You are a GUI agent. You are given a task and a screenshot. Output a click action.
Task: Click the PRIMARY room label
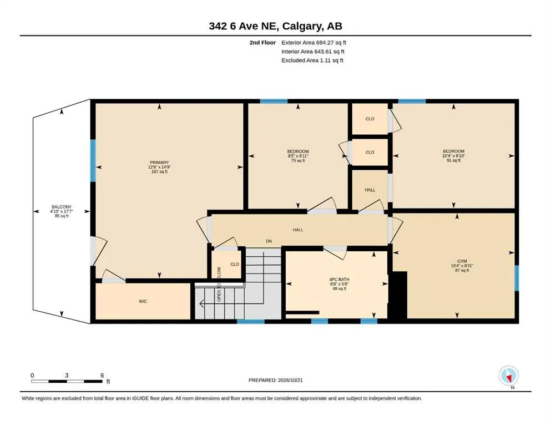click(x=159, y=163)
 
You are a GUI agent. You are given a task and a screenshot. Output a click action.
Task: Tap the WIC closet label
click(x=143, y=301)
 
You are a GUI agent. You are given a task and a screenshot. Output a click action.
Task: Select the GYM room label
click(x=462, y=261)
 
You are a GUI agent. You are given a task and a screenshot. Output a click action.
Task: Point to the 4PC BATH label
click(x=339, y=280)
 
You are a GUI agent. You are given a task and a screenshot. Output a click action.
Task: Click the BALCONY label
click(x=62, y=207)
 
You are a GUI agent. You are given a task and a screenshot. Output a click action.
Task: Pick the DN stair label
click(x=269, y=241)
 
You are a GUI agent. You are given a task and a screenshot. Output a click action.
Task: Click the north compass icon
click(x=509, y=376)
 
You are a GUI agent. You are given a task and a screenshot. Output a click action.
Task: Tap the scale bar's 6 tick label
click(x=102, y=376)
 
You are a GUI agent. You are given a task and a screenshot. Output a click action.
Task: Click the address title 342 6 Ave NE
click(x=244, y=26)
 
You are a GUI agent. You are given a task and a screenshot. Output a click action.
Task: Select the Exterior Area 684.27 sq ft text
click(x=314, y=43)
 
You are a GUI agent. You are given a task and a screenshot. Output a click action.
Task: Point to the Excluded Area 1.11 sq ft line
click(x=312, y=60)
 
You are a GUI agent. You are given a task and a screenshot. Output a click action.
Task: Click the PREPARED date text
click(x=275, y=380)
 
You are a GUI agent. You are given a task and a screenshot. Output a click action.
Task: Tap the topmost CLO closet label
click(x=370, y=119)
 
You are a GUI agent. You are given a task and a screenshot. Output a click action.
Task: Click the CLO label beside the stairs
click(x=235, y=264)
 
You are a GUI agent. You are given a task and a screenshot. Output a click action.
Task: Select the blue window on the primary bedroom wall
click(x=93, y=160)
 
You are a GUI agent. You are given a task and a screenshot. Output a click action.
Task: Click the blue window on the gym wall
click(x=517, y=278)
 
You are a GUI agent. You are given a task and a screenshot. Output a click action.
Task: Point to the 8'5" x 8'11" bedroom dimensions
click(x=297, y=156)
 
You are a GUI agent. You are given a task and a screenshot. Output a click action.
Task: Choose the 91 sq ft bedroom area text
click(x=454, y=160)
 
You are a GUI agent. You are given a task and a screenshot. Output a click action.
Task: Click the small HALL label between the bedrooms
click(x=370, y=190)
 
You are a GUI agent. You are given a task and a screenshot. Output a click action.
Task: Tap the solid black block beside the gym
click(x=397, y=295)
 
